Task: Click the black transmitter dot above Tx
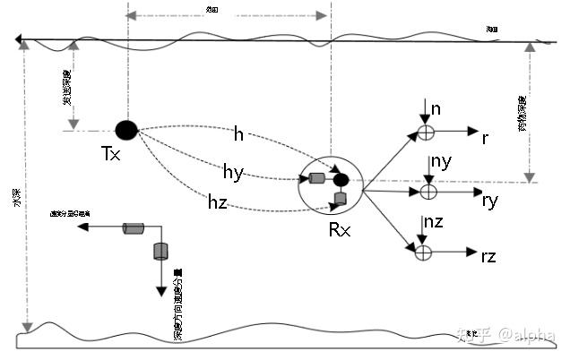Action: (x=126, y=130)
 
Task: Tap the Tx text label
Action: (x=111, y=155)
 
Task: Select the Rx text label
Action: (x=340, y=229)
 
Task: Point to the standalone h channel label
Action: (x=238, y=134)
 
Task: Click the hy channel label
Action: (x=233, y=170)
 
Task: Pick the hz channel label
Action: (x=217, y=203)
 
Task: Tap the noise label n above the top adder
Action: (x=436, y=109)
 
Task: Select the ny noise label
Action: (x=440, y=161)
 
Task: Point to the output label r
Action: (x=485, y=138)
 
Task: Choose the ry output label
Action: (x=489, y=201)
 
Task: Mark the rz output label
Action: (x=488, y=257)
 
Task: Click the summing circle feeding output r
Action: (x=426, y=132)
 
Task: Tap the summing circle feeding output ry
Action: (x=427, y=191)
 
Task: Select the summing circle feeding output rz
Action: (x=423, y=252)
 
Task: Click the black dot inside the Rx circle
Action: (x=341, y=180)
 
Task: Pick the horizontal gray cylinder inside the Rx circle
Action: (x=317, y=178)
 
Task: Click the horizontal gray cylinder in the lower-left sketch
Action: (x=134, y=229)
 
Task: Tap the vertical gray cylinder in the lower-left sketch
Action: (x=161, y=250)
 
